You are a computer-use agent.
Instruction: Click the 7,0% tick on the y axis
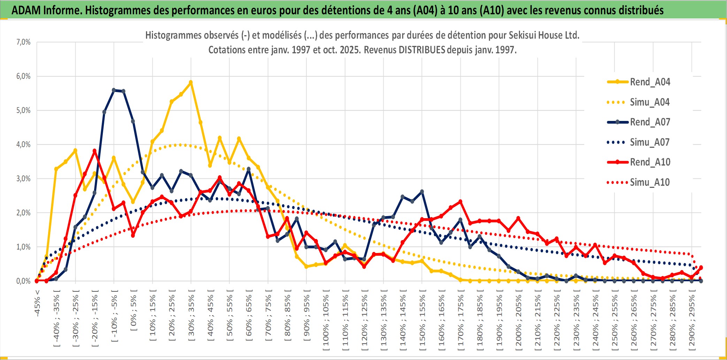pyautogui.click(x=23, y=42)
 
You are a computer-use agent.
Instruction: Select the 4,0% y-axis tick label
pyautogui.click(x=23, y=144)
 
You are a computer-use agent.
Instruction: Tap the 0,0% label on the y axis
pyautogui.click(x=23, y=281)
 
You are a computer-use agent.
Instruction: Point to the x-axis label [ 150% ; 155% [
pyautogui.click(x=422, y=321)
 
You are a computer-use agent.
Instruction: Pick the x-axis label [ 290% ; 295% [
pyautogui.click(x=692, y=321)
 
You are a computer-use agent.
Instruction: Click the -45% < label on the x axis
pyautogui.click(x=37, y=302)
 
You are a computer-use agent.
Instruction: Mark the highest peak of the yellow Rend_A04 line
pyautogui.click(x=191, y=82)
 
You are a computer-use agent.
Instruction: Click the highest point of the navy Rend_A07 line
pyautogui.click(x=114, y=90)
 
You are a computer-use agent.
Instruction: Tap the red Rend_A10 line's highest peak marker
pyautogui.click(x=94, y=151)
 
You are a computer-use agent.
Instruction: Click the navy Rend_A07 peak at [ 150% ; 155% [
pyautogui.click(x=422, y=192)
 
